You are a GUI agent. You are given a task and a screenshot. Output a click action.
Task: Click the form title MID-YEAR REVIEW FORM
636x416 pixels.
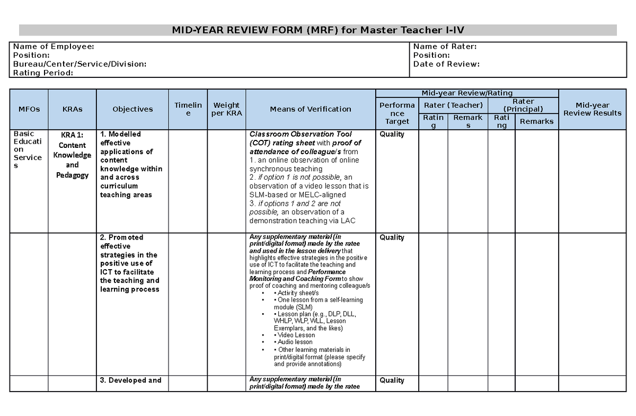pyautogui.click(x=318, y=30)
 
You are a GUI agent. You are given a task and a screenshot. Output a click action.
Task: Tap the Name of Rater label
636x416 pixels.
pyautogui.click(x=445, y=47)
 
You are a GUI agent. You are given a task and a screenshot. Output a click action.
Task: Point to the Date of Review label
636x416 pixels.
pyautogui.click(x=446, y=64)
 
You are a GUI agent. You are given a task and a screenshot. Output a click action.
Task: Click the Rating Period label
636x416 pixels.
pyautogui.click(x=43, y=73)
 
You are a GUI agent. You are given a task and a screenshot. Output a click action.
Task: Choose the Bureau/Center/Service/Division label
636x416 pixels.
pyautogui.click(x=79, y=64)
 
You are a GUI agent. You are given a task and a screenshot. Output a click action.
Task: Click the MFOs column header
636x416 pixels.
pyautogui.click(x=29, y=109)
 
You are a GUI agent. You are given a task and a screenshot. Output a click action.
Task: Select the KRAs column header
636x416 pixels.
pyautogui.click(x=72, y=109)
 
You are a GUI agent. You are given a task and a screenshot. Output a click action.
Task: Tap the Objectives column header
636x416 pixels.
pyautogui.click(x=132, y=109)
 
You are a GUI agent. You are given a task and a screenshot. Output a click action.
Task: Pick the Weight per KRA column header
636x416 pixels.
pyautogui.click(x=226, y=109)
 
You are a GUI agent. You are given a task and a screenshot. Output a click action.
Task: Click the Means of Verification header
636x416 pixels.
pyautogui.click(x=311, y=109)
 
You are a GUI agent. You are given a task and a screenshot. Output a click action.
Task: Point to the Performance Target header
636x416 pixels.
pyautogui.click(x=397, y=113)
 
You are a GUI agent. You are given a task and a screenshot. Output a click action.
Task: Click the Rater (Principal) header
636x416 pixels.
pyautogui.click(x=523, y=105)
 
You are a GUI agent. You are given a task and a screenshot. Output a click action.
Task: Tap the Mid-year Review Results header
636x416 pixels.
pyautogui.click(x=592, y=109)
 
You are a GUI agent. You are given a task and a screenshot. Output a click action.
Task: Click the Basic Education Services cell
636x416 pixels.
pyautogui.click(x=28, y=150)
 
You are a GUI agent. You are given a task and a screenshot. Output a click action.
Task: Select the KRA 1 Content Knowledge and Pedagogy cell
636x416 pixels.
pyautogui.click(x=72, y=155)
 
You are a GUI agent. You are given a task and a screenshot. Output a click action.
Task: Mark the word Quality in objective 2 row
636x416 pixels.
pyautogui.click(x=392, y=237)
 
